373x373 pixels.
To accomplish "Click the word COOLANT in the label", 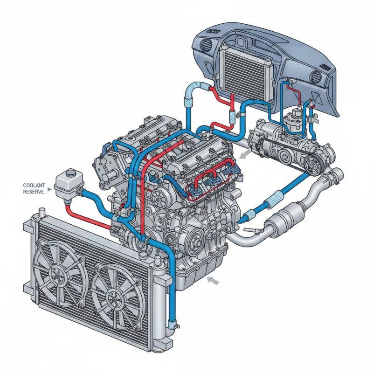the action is [34, 185].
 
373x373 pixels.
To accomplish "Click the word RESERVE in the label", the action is [34, 192].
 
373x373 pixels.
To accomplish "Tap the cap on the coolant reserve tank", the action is [71, 172].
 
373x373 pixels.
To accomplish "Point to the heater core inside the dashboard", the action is [245, 71].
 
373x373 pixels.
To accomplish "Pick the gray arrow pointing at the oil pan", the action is [213, 281].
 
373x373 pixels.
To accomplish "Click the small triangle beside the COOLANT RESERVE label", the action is [50, 189].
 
